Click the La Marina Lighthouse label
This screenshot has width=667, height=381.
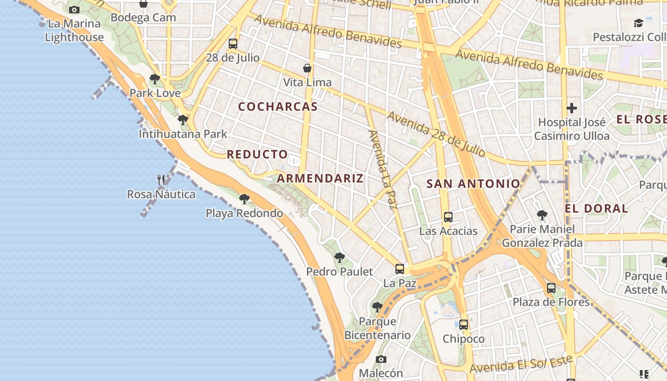74,30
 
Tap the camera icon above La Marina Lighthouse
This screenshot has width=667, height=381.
74,10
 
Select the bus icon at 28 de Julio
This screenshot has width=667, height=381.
233,44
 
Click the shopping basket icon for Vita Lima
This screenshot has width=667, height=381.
307,68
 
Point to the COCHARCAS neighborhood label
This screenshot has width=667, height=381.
278,107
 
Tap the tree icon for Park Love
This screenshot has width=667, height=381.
154,79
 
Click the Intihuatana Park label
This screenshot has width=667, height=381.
183,134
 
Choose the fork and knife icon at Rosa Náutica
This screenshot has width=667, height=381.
161,180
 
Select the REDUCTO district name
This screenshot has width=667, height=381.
257,154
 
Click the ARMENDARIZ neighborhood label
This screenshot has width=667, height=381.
320,179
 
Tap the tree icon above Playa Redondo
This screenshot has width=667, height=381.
244,199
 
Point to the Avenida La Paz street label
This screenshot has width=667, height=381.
383,170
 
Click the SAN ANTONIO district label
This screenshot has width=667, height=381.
473,184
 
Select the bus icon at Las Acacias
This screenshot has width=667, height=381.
448,217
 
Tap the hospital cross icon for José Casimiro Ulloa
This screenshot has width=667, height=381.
572,108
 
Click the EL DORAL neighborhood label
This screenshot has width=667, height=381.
596,209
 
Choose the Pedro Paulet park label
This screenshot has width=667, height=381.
339,271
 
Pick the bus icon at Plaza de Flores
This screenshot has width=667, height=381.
551,288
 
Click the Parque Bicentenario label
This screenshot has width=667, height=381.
377,328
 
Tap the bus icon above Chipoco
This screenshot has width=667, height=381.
464,325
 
